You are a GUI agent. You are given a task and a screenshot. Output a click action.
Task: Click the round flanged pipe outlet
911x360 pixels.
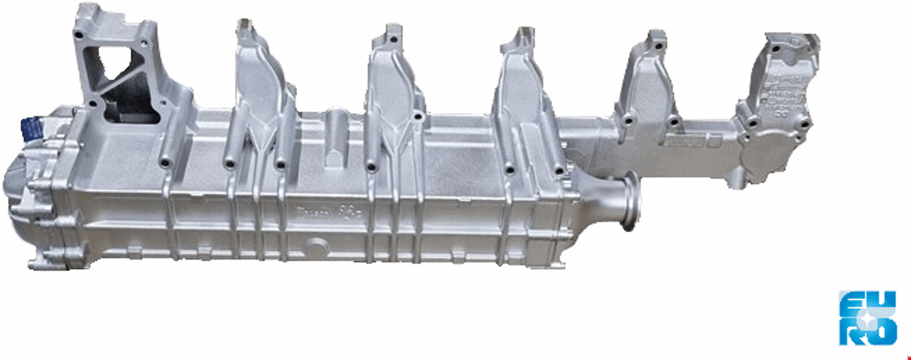(x=630, y=202)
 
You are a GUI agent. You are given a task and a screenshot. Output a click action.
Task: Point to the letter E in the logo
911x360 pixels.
(x=852, y=305)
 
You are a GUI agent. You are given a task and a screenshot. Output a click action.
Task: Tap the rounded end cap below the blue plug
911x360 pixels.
(x=28, y=185)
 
